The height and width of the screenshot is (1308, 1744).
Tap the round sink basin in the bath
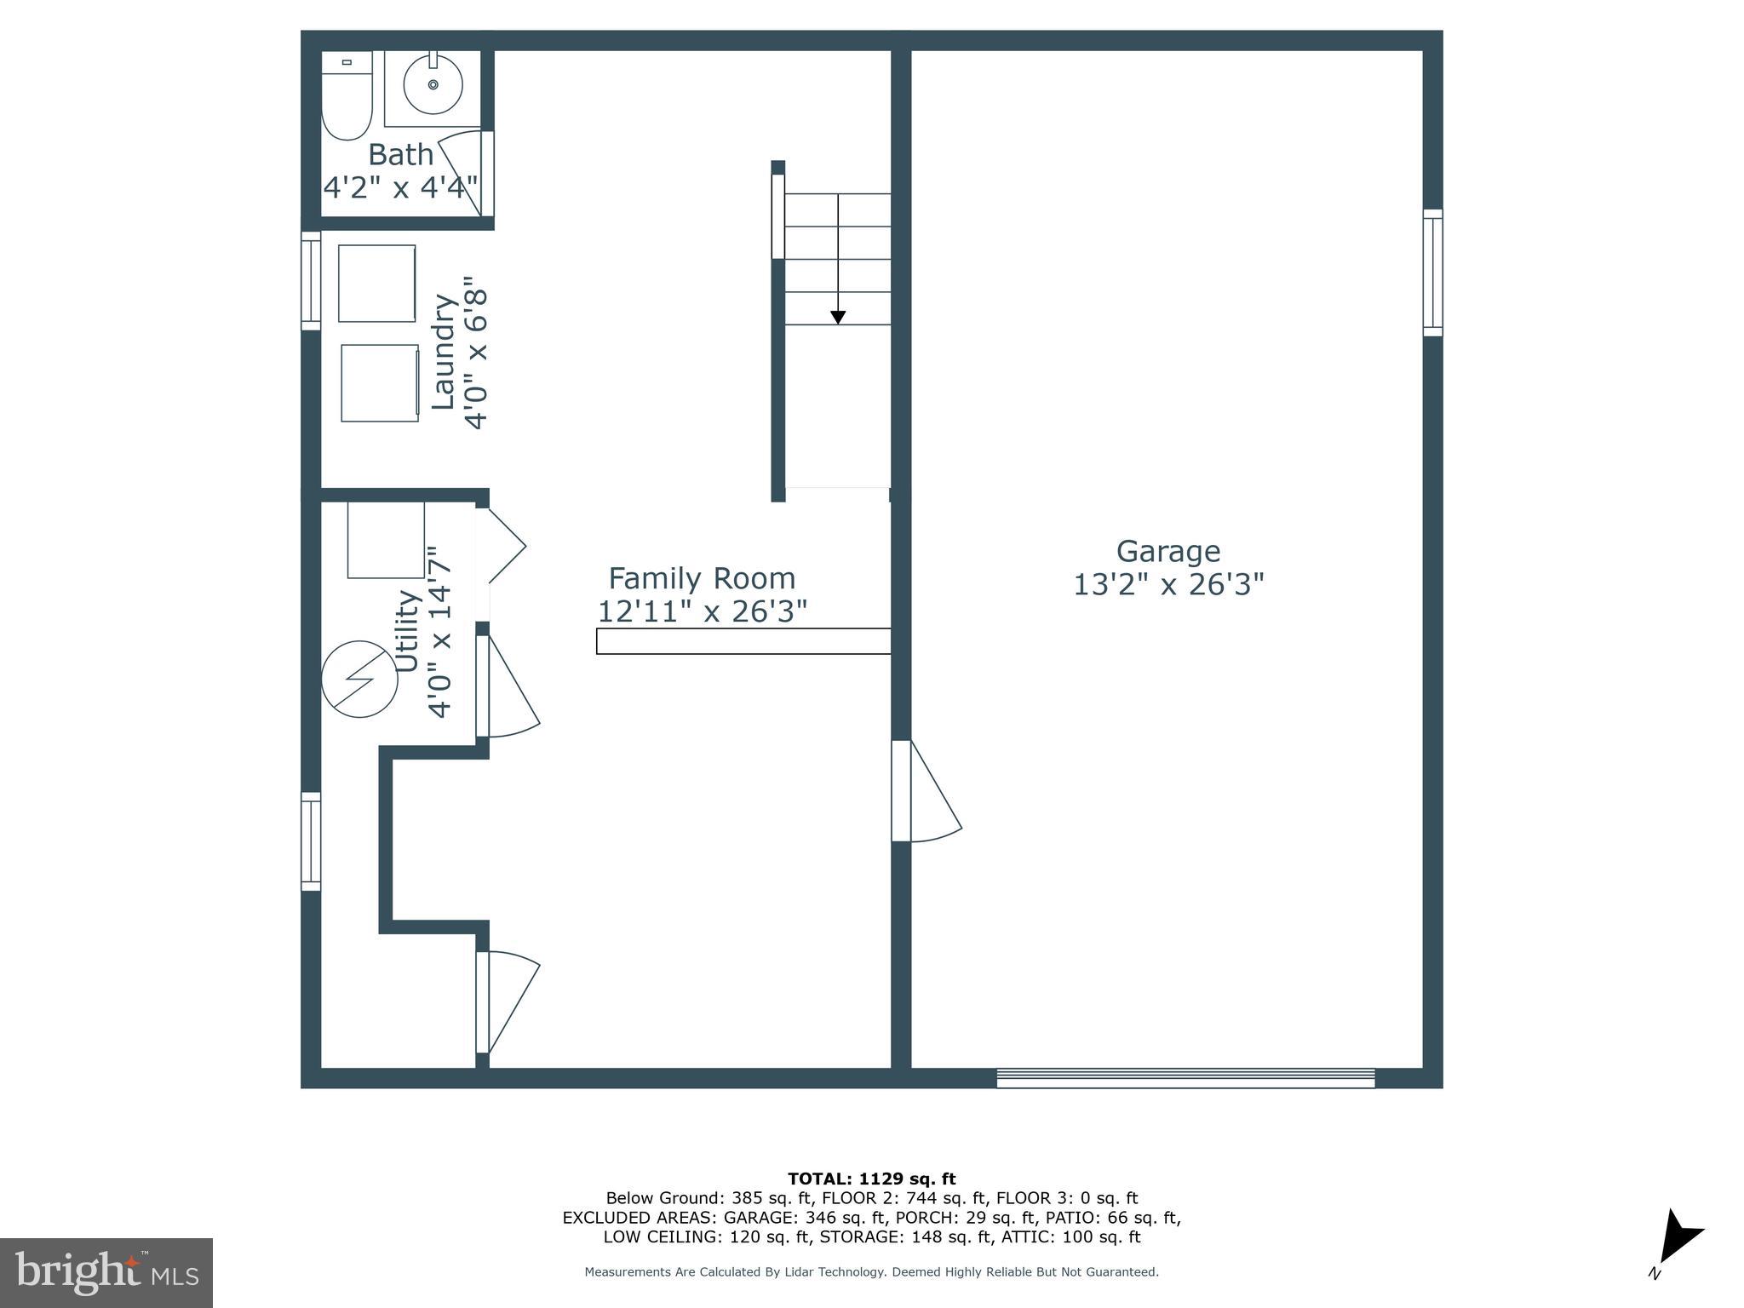(433, 85)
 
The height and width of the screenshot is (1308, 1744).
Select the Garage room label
(1167, 551)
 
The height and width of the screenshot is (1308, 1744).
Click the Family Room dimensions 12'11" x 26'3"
(702, 611)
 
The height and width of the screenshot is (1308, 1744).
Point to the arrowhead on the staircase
(838, 318)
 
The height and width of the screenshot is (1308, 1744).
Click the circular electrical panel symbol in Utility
(359, 679)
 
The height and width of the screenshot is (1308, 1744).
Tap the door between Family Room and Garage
(924, 792)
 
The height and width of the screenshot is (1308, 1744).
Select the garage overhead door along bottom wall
(1185, 1078)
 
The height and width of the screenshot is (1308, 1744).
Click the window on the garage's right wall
(1433, 272)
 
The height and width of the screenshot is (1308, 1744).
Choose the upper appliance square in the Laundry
(377, 284)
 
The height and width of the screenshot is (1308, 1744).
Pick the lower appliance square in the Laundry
(380, 383)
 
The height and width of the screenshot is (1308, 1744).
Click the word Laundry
(444, 351)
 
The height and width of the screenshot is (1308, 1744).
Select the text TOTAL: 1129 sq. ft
(871, 1179)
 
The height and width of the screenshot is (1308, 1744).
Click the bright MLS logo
(106, 1273)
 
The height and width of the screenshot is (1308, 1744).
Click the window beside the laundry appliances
(311, 280)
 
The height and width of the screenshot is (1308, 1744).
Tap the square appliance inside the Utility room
(386, 540)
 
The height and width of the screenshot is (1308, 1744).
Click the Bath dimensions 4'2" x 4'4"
(400, 186)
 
